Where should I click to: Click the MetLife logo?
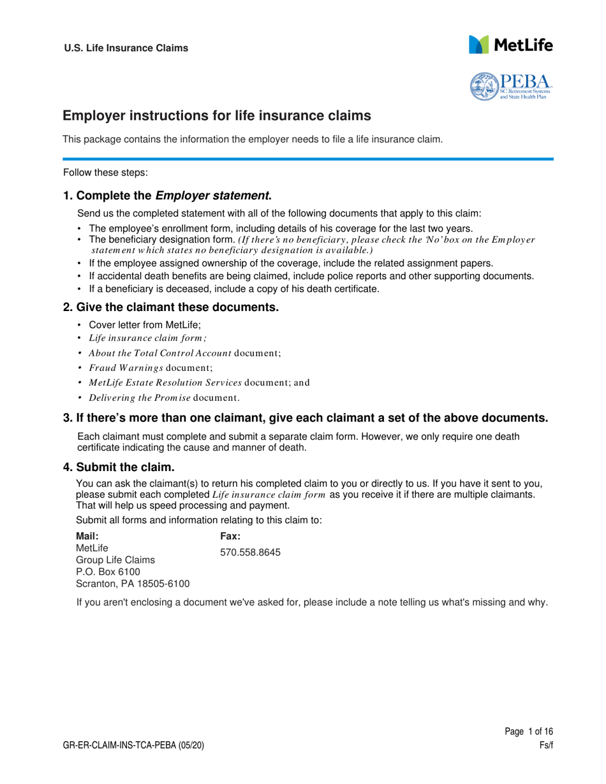510,45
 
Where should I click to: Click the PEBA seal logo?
510,86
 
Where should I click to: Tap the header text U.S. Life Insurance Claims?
126,48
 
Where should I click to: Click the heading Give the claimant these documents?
170,308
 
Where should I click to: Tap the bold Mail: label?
87,537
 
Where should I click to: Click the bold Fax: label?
230,537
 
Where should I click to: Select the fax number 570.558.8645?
250,553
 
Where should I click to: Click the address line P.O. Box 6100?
103,572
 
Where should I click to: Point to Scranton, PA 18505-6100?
133,584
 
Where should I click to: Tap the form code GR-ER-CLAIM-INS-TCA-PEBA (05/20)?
134,744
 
